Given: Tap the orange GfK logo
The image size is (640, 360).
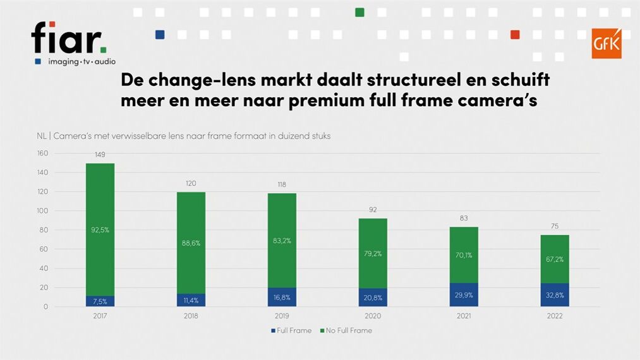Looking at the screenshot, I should (606, 43).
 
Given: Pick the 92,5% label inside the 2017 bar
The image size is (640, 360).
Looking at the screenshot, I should (100, 230).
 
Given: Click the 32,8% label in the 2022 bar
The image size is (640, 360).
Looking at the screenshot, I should (554, 295).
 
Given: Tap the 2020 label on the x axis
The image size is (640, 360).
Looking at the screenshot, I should (373, 316).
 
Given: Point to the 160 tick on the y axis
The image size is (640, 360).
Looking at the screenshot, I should (43, 153).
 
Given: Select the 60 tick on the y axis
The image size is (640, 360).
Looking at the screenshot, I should (45, 249).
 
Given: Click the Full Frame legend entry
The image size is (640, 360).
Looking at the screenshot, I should (291, 330).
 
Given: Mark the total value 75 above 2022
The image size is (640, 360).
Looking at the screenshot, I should (554, 226).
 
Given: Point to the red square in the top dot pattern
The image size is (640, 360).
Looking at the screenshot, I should (515, 34).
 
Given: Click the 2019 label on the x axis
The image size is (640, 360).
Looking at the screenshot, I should (282, 316).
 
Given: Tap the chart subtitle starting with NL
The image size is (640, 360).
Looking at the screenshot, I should (183, 136).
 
